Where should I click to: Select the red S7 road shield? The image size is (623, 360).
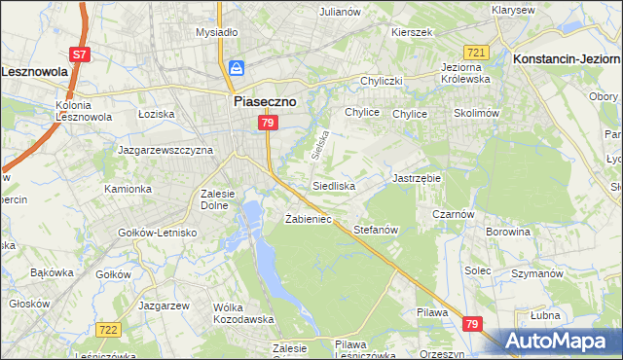click(81, 55)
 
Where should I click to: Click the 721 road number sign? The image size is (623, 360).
click(476, 52)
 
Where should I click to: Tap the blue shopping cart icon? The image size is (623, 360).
click(237, 68)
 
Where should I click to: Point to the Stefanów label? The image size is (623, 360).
click(376, 231)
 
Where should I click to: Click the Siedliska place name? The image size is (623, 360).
click(333, 185)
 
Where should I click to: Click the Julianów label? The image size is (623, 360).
click(341, 12)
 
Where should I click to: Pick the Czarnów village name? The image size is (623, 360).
click(454, 215)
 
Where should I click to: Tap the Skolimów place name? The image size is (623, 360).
click(476, 113)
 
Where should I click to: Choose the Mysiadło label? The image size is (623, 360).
click(216, 32)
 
